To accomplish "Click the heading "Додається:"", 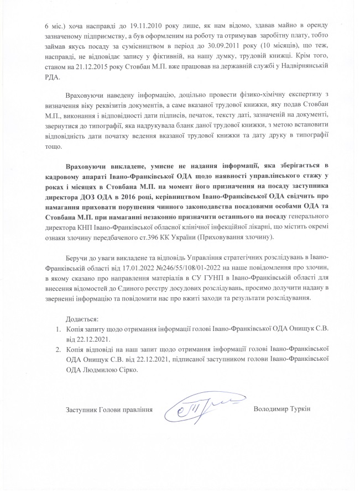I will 82,319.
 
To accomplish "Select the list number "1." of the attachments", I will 58,329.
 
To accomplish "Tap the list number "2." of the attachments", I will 58,350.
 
